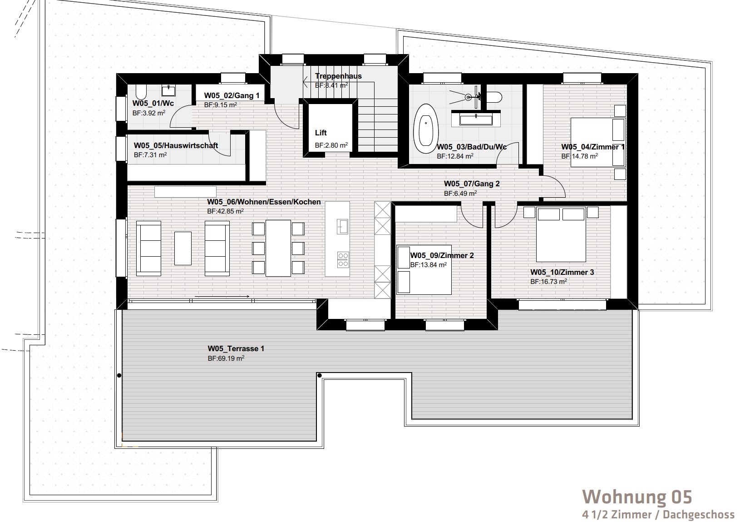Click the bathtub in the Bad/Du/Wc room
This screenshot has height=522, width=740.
click(x=426, y=129)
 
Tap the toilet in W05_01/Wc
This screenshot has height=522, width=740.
click(x=141, y=92)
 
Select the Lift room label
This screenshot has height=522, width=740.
click(x=321, y=133)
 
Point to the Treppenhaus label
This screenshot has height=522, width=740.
click(x=338, y=76)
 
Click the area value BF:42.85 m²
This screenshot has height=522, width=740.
click(x=225, y=211)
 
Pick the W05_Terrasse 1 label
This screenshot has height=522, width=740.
click(x=236, y=349)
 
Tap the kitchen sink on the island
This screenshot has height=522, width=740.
click(x=343, y=227)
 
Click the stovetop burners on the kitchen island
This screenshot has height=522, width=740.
click(x=343, y=259)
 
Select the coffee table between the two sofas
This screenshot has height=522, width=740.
click(x=183, y=248)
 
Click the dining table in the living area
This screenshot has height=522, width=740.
click(x=278, y=248)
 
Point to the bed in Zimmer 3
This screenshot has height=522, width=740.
click(x=561, y=234)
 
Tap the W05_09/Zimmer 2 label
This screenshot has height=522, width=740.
click(x=442, y=255)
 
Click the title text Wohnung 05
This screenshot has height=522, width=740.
click(x=637, y=497)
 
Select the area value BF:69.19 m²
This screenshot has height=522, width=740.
click(x=226, y=358)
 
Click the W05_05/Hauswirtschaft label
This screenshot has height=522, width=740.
click(x=176, y=145)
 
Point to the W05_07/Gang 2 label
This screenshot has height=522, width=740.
click(x=472, y=184)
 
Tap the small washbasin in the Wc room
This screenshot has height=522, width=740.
click(x=168, y=90)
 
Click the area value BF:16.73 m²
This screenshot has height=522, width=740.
click(x=549, y=282)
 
